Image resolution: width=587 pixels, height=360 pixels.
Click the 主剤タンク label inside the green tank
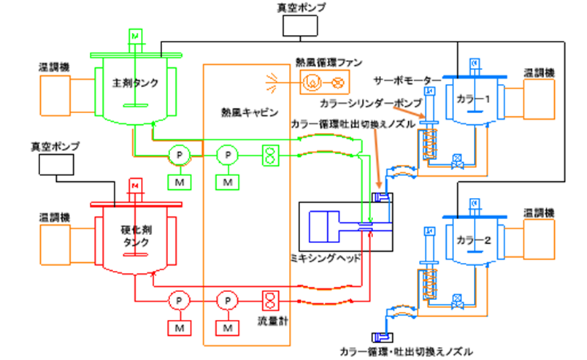(x=135, y=82)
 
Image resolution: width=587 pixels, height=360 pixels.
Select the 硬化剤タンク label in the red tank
(x=135, y=234)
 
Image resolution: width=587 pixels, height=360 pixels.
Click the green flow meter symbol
(x=269, y=154)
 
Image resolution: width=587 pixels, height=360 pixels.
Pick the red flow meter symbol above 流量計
(x=269, y=300)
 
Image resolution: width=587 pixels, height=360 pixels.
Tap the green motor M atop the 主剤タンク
(x=134, y=34)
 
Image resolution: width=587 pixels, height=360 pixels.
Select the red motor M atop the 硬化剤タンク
(x=134, y=185)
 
